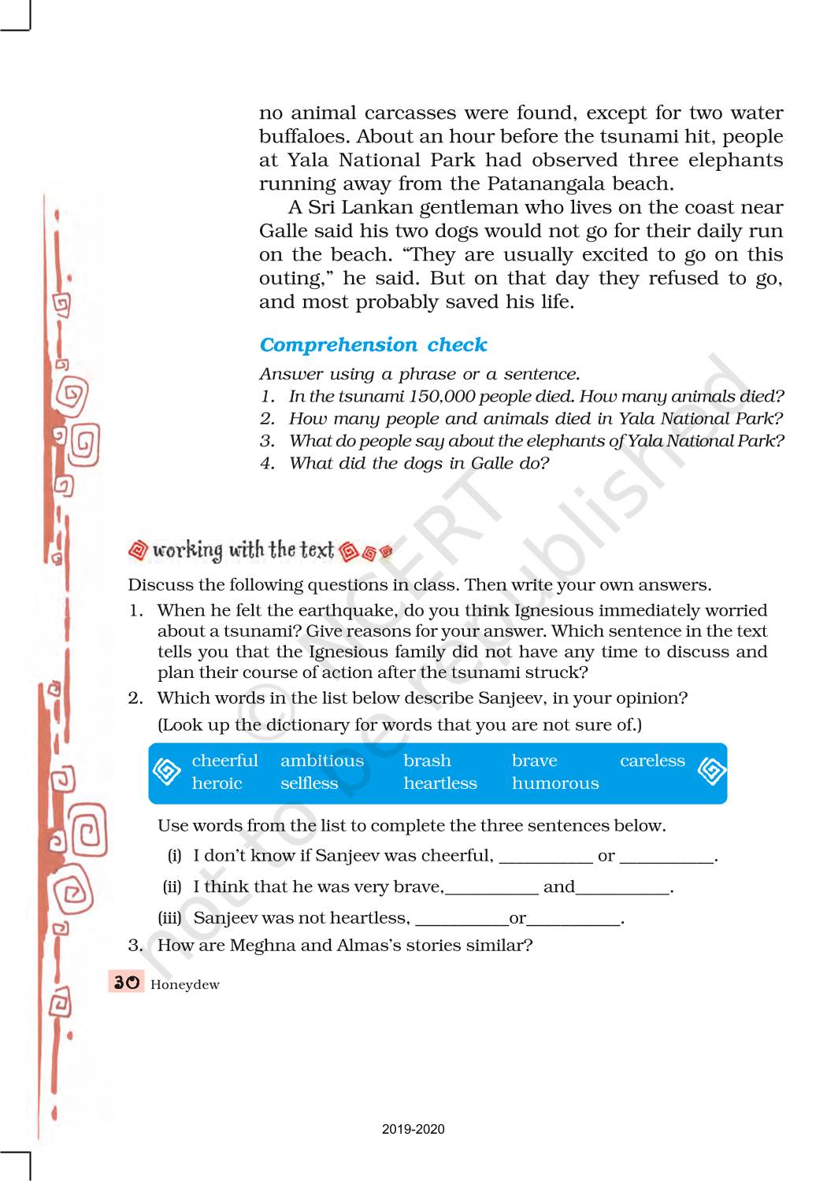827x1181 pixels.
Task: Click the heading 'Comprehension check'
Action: (x=373, y=345)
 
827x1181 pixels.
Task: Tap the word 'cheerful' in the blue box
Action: (x=224, y=761)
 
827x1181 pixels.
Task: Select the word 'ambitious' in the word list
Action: (x=322, y=761)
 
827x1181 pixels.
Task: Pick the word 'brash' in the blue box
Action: (x=427, y=761)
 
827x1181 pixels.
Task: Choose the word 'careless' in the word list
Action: (x=652, y=761)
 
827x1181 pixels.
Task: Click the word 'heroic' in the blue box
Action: (x=217, y=783)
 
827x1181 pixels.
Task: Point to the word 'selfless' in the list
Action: (x=309, y=783)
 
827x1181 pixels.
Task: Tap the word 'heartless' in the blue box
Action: (x=440, y=783)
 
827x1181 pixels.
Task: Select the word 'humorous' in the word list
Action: (x=555, y=783)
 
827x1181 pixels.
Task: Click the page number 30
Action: (x=126, y=983)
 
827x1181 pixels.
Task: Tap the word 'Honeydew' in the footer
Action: (x=185, y=985)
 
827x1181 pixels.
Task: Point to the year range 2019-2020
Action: (x=413, y=1129)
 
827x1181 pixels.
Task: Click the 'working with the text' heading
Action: (x=243, y=550)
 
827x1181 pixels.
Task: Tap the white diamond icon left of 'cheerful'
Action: (x=167, y=772)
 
